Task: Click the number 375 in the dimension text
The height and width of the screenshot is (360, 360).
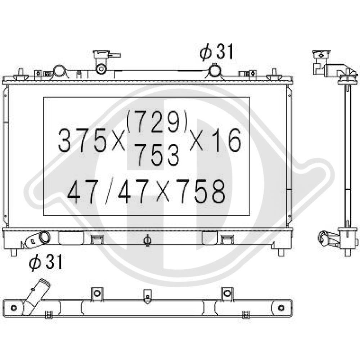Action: point(83,140)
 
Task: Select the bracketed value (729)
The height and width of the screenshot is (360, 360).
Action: point(157,122)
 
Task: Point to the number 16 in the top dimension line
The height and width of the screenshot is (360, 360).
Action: point(227,140)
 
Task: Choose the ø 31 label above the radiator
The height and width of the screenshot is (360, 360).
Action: point(216,52)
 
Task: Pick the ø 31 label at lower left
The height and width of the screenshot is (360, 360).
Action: point(45,262)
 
